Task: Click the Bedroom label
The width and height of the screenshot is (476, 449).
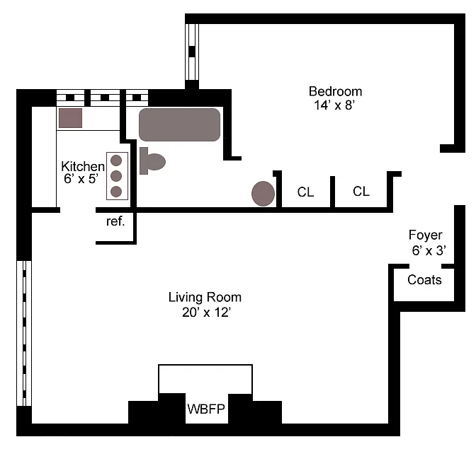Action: click(x=335, y=91)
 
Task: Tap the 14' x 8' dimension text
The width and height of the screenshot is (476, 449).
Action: click(x=334, y=105)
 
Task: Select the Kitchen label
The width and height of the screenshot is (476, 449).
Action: click(x=83, y=166)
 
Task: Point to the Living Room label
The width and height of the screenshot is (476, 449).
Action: click(x=205, y=297)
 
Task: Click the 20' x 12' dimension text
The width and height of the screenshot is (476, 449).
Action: click(x=205, y=312)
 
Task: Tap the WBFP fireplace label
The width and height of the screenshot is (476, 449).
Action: click(x=206, y=409)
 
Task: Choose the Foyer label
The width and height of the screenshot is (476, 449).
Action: click(x=426, y=235)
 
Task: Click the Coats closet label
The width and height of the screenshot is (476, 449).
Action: click(x=424, y=280)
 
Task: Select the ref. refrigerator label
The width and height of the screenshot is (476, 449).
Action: click(x=115, y=221)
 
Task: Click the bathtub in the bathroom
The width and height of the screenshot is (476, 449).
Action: click(x=180, y=125)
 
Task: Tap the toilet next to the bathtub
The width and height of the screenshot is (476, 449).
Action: click(x=152, y=161)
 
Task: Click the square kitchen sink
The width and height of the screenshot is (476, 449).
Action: click(x=70, y=117)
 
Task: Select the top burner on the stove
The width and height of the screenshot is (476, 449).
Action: click(x=116, y=160)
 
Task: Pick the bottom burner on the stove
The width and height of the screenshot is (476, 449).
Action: click(x=116, y=191)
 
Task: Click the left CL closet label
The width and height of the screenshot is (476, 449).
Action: click(x=305, y=192)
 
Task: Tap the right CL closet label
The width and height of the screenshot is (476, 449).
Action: click(x=361, y=191)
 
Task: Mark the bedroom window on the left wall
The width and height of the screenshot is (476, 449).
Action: click(x=192, y=52)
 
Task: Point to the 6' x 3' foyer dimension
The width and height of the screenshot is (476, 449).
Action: click(x=429, y=250)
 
